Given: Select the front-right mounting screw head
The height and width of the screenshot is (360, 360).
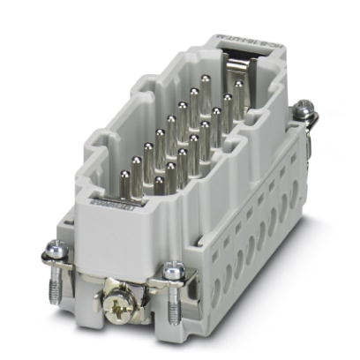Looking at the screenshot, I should [x=173, y=270].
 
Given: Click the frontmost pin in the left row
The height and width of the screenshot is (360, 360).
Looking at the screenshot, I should [x=137, y=165].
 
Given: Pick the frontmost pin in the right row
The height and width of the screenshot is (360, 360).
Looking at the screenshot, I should [x=159, y=184].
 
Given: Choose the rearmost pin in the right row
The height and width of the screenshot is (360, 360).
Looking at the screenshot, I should [x=236, y=91].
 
